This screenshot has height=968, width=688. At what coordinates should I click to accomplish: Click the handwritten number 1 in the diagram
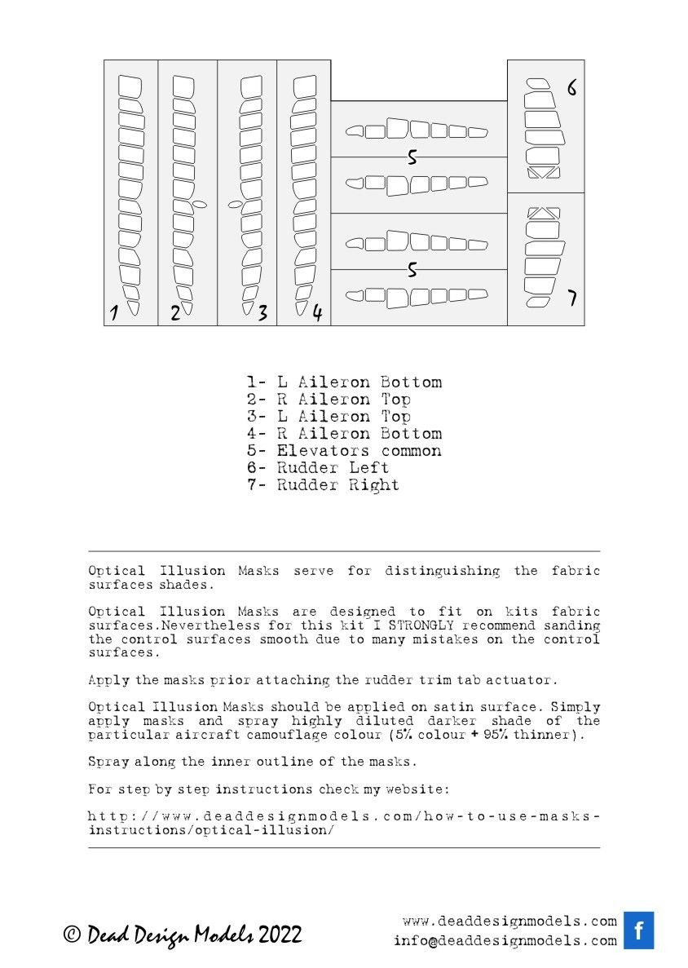(x=115, y=312)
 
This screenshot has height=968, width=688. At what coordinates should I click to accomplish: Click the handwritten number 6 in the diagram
(x=572, y=88)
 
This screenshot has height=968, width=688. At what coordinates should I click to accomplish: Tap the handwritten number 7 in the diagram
(x=572, y=298)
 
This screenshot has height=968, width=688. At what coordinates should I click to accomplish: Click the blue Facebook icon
(x=638, y=930)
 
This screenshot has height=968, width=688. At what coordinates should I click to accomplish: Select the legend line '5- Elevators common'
(x=344, y=451)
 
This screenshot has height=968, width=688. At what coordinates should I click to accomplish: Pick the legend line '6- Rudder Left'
(x=318, y=468)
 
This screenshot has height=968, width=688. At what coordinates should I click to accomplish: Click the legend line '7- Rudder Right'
(x=323, y=485)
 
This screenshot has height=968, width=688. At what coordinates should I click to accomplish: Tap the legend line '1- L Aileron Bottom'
(x=344, y=382)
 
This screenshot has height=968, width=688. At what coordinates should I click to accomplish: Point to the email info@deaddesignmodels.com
(x=505, y=940)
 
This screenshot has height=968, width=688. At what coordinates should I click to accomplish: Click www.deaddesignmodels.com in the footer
(x=510, y=922)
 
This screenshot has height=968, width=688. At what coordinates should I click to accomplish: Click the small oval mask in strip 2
(x=201, y=203)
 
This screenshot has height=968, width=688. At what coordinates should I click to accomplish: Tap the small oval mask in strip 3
(x=235, y=204)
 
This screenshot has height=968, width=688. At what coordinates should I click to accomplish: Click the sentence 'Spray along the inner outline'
(x=252, y=762)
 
